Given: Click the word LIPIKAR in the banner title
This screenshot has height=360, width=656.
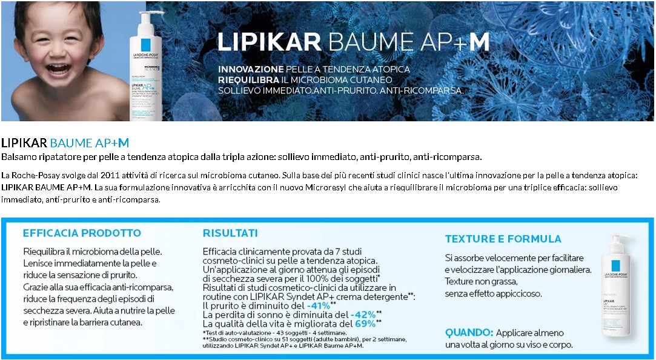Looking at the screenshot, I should click(x=269, y=42).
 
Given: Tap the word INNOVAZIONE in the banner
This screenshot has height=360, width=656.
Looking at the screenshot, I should click(x=250, y=69).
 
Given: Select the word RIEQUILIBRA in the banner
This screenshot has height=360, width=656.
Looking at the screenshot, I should click(x=248, y=79).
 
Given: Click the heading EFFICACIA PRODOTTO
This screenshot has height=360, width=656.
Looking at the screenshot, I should click(x=82, y=233).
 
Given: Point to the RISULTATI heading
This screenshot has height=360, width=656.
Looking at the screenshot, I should click(x=230, y=233).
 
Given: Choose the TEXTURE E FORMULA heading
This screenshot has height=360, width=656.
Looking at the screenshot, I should click(x=503, y=239).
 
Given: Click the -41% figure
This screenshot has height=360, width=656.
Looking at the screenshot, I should click(x=317, y=305).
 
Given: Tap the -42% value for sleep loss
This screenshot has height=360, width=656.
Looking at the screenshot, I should click(x=363, y=315).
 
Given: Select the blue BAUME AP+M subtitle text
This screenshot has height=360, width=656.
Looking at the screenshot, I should click(x=89, y=143).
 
